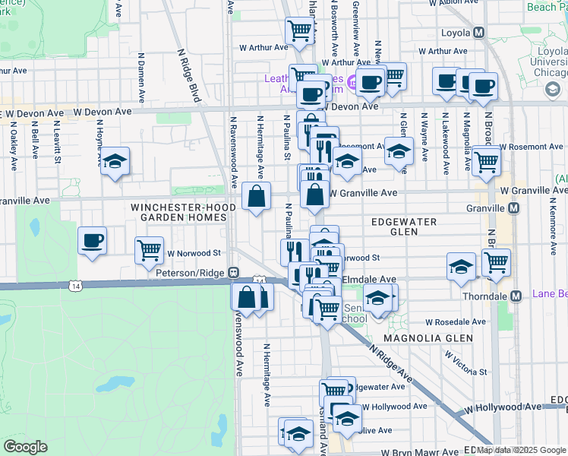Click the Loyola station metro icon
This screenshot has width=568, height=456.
pos(479,33)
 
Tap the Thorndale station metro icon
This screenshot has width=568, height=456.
pos(516,296)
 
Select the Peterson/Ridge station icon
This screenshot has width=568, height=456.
pos(235,272)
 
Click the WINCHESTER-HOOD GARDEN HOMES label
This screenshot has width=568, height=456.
pos(178,212)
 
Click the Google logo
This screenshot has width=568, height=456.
pos(26,447)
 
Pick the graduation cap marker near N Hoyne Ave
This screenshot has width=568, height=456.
pos(115,161)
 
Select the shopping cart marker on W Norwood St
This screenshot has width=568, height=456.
pos(150,250)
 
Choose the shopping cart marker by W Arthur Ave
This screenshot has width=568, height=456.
pos(300,30)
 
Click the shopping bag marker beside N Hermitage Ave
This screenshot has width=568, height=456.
pos(257,196)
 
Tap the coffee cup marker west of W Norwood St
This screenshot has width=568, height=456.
pos(92,241)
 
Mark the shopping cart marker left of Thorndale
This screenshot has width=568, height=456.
pos(496,263)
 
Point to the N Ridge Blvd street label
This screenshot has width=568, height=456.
pos(188,76)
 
